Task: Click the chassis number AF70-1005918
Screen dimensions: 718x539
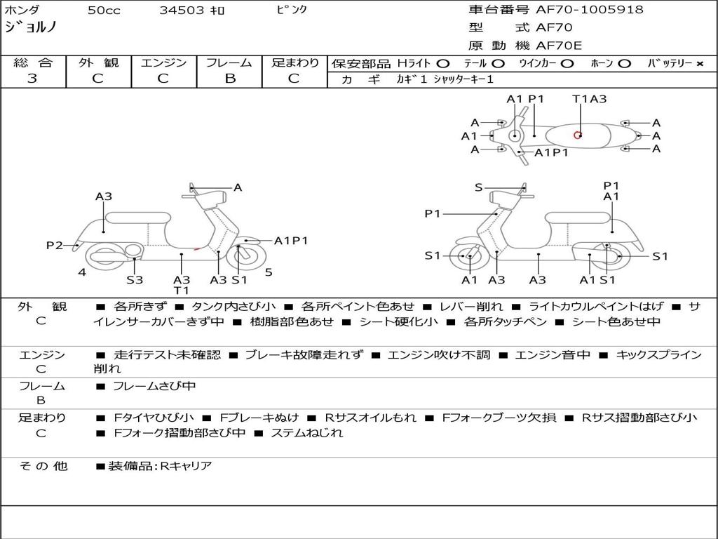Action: tap(590, 10)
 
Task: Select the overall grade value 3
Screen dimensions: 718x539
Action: tap(32, 79)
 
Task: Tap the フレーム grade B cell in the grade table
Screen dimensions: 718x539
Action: tap(230, 79)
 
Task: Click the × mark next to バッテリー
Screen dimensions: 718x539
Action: tap(700, 64)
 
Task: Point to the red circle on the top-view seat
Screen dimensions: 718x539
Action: tap(578, 135)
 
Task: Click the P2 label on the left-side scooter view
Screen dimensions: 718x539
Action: tap(55, 246)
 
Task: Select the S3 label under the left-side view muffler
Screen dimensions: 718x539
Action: tap(135, 279)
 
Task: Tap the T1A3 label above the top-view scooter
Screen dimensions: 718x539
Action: tap(589, 99)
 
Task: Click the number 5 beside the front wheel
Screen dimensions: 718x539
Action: tap(269, 272)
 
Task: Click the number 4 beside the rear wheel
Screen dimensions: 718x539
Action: tap(82, 272)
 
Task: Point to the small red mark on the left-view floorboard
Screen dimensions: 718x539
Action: tap(197, 249)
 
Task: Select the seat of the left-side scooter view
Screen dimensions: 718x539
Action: tap(138, 218)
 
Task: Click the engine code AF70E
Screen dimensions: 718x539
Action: tap(559, 46)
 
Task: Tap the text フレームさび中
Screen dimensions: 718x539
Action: tap(155, 387)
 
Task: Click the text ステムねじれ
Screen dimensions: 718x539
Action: tap(307, 432)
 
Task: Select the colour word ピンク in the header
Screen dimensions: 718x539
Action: tap(291, 10)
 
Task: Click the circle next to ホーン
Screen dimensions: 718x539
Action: tap(623, 64)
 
